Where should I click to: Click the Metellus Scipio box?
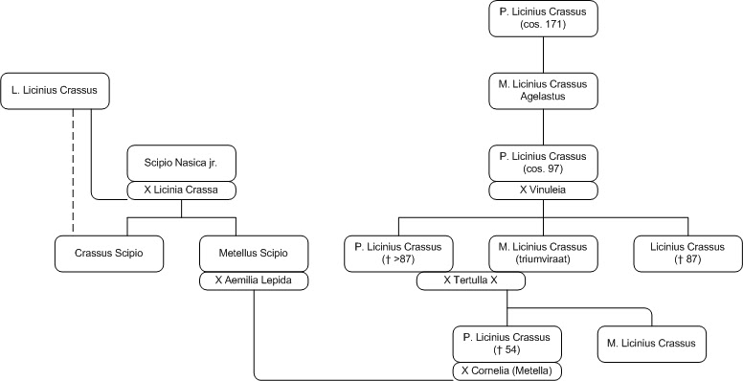point(254,254)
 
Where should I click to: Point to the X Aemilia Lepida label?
point(254,281)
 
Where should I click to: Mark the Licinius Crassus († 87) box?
point(689,254)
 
